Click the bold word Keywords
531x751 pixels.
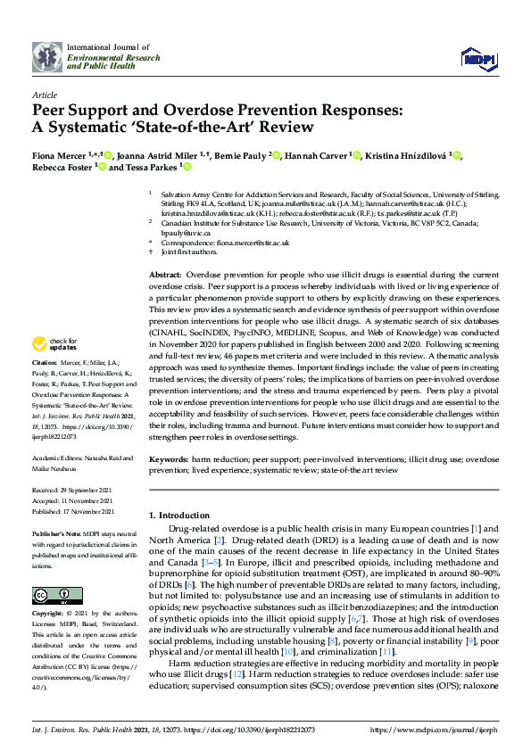[x=169, y=460]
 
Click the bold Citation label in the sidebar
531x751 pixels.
[x=46, y=389]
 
